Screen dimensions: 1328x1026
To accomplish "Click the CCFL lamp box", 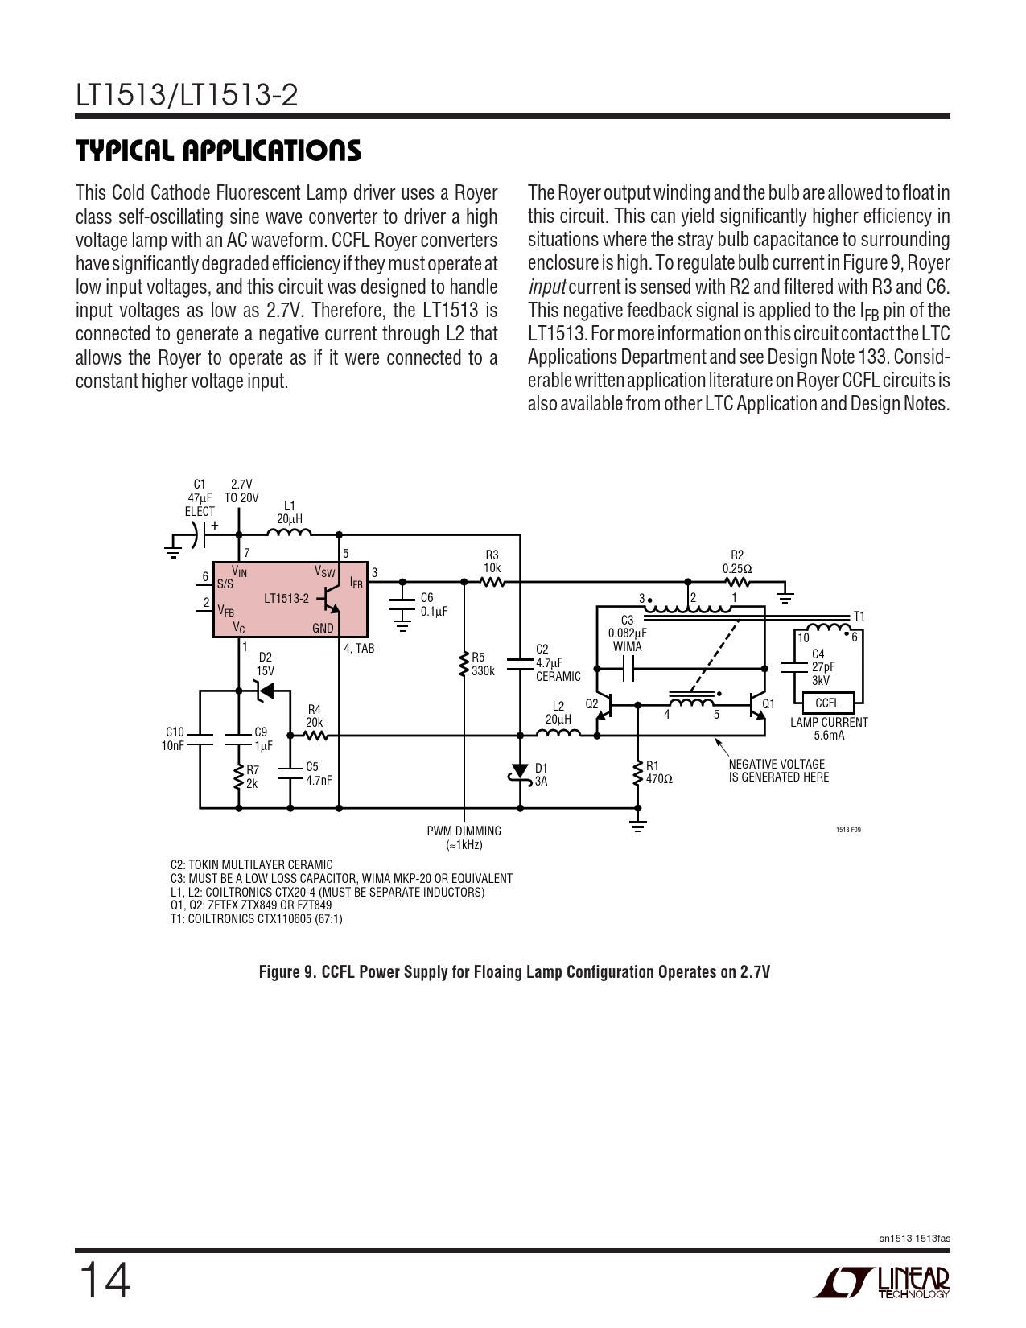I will click(827, 703).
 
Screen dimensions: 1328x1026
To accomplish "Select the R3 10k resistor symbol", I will click(492, 581).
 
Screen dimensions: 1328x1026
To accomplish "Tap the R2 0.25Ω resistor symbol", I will click(737, 581).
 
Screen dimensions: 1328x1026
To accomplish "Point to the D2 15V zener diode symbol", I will click(262, 690).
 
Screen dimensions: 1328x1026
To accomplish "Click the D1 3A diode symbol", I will click(520, 774).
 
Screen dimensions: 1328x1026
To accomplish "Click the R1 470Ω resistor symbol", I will click(637, 773).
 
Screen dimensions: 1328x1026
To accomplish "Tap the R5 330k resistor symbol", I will click(464, 664).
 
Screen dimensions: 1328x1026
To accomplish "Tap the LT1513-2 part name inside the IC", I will click(286, 598).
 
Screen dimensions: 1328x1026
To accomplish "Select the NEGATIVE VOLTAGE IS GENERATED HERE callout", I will click(777, 770).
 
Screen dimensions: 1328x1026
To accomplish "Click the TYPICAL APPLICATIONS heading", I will click(218, 151).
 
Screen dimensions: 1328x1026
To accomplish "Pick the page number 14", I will click(103, 1281).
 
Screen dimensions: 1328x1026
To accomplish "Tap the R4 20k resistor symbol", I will click(314, 735).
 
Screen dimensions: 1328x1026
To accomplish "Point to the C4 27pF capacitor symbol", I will click(794, 666).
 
